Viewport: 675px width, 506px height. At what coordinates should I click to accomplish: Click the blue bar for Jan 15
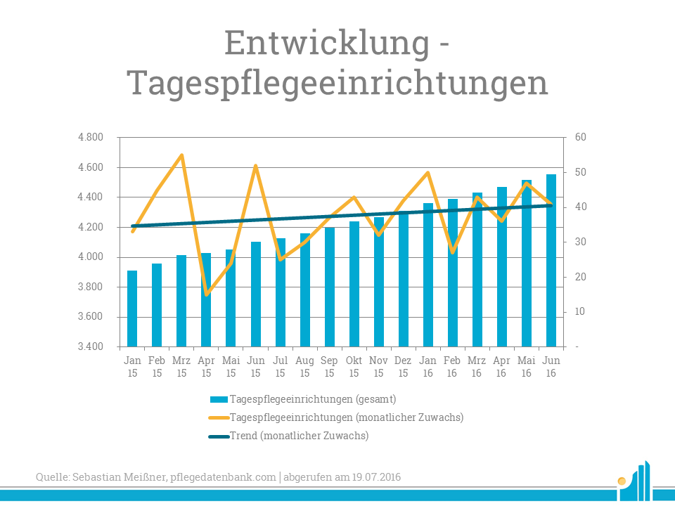(x=132, y=309)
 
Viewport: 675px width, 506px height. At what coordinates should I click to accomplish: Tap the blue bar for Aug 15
(x=304, y=290)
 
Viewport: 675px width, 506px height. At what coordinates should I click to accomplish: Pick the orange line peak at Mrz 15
(x=181, y=155)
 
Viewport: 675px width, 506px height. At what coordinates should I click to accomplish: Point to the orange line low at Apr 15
(x=206, y=294)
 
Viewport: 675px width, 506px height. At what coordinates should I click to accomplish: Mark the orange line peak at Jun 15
(x=255, y=165)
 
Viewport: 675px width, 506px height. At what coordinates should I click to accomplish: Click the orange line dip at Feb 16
(x=452, y=252)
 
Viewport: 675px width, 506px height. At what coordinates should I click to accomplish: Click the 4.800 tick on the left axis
(x=91, y=138)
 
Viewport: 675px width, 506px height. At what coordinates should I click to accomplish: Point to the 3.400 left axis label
(x=91, y=346)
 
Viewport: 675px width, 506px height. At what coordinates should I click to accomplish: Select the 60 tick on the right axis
(x=581, y=138)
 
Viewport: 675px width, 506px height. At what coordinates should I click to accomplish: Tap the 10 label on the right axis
(x=581, y=311)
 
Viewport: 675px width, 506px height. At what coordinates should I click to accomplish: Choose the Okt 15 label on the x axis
(x=354, y=367)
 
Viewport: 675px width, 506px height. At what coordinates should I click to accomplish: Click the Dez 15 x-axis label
(x=403, y=367)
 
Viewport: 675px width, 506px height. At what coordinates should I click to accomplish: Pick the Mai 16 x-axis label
(x=527, y=367)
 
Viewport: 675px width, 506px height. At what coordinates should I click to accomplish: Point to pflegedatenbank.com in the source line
(x=223, y=477)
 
